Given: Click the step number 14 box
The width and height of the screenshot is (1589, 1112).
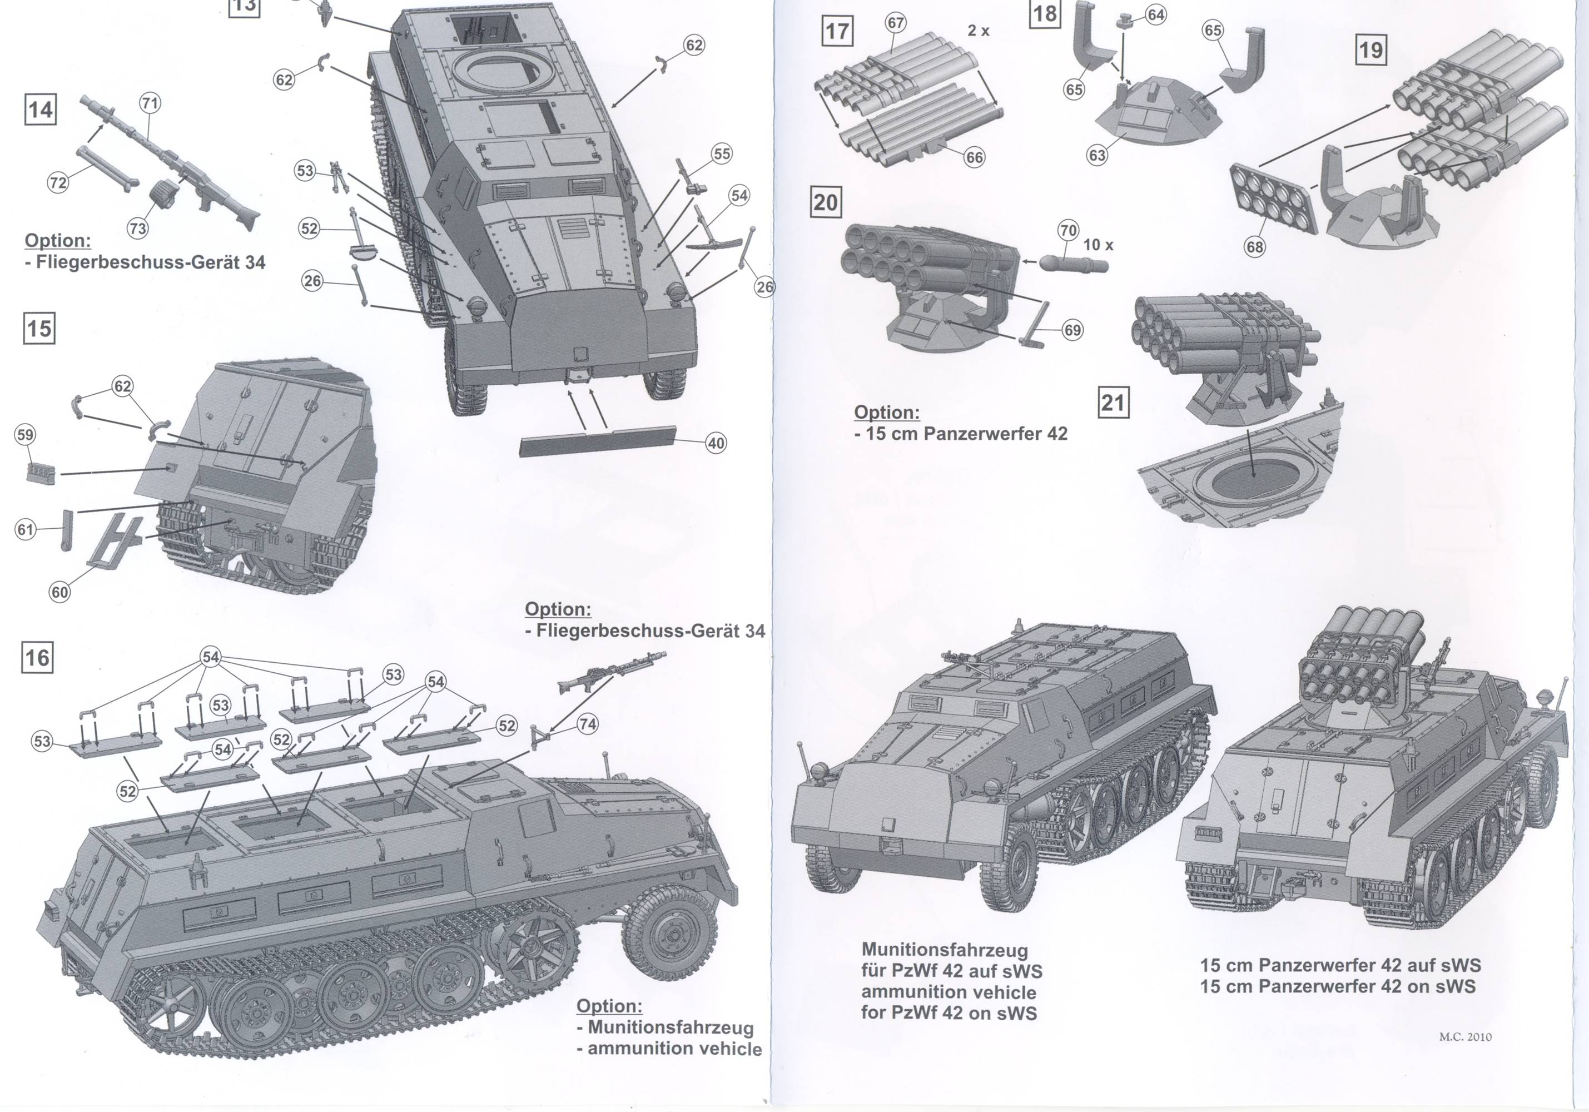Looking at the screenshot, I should click(40, 110).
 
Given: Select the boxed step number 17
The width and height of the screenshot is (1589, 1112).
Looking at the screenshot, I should click(837, 32).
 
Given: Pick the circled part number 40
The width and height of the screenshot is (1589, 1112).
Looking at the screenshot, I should click(716, 443).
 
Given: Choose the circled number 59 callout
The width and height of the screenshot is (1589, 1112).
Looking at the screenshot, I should click(25, 435).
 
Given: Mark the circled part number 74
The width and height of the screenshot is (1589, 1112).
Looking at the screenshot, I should click(588, 724).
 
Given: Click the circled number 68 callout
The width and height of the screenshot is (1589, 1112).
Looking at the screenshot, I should click(1255, 247).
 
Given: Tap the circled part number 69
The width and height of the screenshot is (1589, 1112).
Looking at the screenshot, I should click(1072, 330).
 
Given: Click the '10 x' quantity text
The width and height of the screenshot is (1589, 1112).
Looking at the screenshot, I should click(1098, 245).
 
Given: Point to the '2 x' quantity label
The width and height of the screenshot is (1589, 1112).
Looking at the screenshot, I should click(979, 31).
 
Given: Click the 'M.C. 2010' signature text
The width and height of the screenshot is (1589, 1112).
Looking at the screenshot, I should click(1465, 1036).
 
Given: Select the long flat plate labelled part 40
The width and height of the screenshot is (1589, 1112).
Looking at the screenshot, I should click(598, 441).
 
